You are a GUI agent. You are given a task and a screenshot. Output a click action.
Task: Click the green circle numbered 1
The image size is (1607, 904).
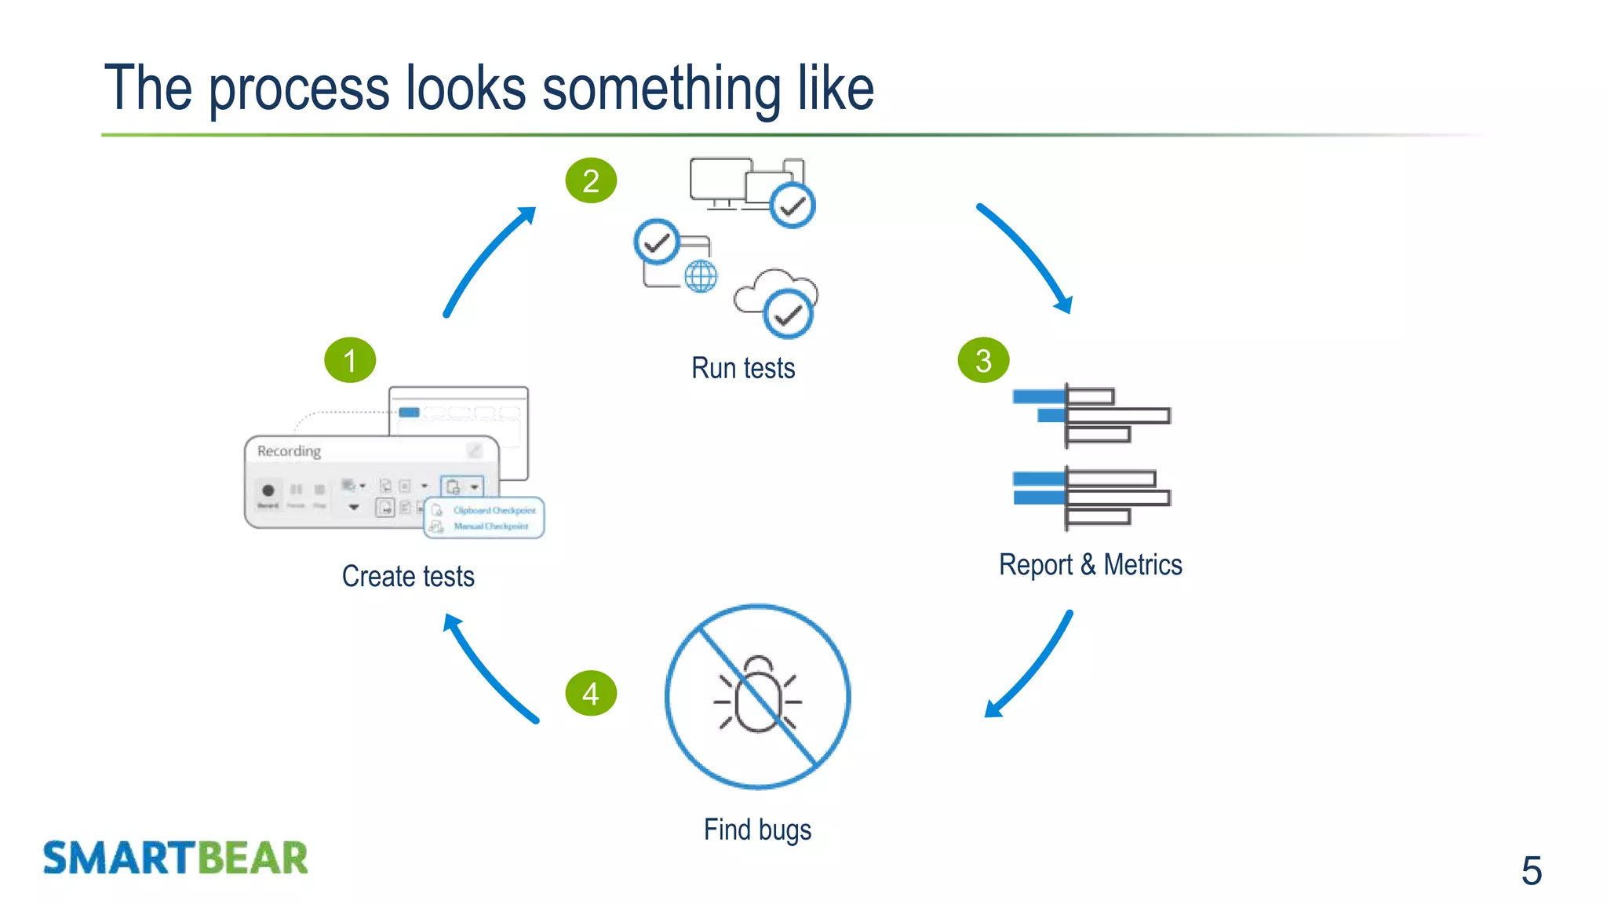click(x=350, y=360)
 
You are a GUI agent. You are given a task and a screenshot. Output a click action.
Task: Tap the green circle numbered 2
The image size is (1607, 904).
click(x=591, y=181)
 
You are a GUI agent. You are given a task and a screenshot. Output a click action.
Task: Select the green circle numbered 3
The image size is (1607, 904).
click(x=983, y=360)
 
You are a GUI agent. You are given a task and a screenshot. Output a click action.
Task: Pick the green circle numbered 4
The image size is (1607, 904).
click(x=591, y=694)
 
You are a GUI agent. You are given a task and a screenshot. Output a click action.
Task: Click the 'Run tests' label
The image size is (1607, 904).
click(x=743, y=368)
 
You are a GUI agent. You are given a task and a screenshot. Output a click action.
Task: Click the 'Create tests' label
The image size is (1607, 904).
click(x=408, y=577)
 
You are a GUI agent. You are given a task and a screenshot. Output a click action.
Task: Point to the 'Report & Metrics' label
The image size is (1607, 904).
click(x=1090, y=565)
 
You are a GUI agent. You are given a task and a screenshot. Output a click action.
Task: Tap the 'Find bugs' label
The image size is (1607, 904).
click(x=757, y=830)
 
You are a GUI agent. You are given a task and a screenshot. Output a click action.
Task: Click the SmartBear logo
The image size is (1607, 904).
click(x=176, y=858)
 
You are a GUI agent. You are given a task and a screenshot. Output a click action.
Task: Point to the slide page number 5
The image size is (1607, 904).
click(x=1531, y=871)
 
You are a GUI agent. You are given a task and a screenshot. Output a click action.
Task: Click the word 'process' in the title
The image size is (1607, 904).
click(x=299, y=89)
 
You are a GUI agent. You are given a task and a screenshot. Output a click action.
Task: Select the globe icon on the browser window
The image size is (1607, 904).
click(x=700, y=276)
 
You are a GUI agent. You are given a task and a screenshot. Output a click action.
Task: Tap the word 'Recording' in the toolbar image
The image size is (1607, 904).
click(x=289, y=451)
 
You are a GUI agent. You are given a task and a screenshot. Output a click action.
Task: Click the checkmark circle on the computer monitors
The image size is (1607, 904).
click(x=793, y=206)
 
